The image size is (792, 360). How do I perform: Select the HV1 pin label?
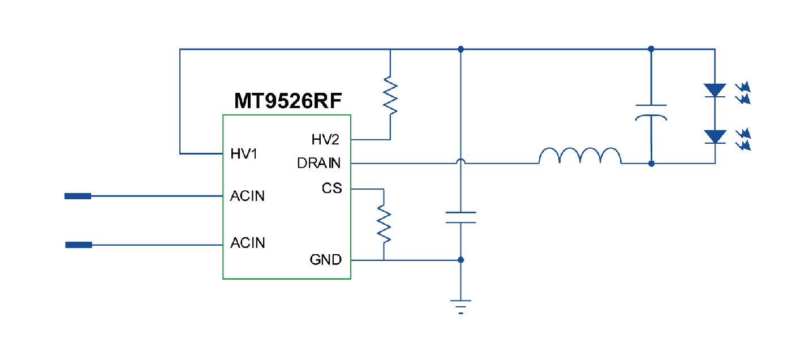244,153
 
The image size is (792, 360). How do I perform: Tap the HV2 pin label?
325,139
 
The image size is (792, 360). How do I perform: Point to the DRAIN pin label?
319,164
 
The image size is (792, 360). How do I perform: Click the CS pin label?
332,188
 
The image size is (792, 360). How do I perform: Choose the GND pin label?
325,260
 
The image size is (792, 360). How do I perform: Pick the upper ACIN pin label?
248,196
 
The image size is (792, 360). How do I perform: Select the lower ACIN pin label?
248,243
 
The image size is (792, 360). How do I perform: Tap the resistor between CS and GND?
384,224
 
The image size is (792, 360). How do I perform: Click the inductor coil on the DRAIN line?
579,156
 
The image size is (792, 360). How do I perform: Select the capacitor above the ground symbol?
460,217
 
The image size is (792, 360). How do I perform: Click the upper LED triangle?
715,90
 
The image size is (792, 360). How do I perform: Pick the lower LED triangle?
715,136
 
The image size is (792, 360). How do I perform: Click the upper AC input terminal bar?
78,196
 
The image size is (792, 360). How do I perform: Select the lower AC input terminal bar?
79,245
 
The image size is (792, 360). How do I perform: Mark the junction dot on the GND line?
461,260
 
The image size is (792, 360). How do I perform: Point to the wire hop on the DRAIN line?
461,162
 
